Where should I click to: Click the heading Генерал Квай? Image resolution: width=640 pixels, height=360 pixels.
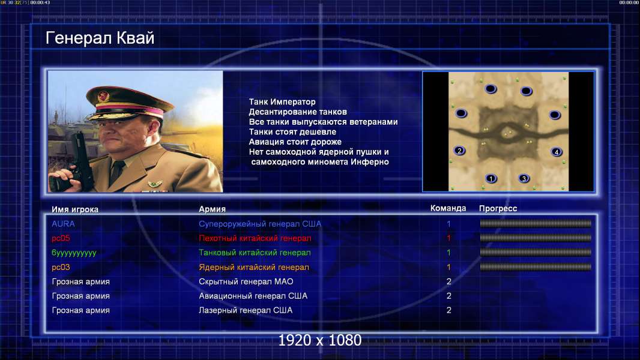(x=100, y=38)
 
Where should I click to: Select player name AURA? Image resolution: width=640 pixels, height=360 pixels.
(x=63, y=224)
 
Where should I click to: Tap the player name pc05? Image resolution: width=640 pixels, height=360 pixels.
(x=61, y=238)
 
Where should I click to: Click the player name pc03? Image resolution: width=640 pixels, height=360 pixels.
(x=61, y=267)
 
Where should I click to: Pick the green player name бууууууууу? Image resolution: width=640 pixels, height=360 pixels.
(x=74, y=253)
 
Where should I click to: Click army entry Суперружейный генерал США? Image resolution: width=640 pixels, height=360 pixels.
(x=260, y=224)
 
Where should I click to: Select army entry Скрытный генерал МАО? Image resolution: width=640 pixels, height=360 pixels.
(x=246, y=281)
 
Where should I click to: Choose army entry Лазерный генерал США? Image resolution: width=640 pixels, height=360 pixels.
(x=246, y=310)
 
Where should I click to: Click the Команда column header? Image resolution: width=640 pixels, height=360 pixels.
(x=448, y=208)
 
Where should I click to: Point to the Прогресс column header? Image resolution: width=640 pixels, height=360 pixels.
(x=498, y=208)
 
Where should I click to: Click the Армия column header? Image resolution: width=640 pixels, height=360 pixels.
(x=212, y=209)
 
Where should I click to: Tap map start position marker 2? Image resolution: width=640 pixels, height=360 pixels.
(x=460, y=151)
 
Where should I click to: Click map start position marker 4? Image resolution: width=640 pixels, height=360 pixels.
(x=557, y=152)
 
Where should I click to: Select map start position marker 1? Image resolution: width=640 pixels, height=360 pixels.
(x=491, y=179)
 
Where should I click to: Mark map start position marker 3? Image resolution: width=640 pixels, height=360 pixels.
(x=524, y=179)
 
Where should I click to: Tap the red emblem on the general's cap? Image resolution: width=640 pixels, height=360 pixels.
(x=104, y=96)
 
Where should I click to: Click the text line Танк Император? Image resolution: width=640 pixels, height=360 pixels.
(x=282, y=102)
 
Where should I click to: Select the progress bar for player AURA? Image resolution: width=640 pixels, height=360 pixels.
(x=536, y=223)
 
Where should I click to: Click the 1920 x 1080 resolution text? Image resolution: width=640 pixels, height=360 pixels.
(x=319, y=340)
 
